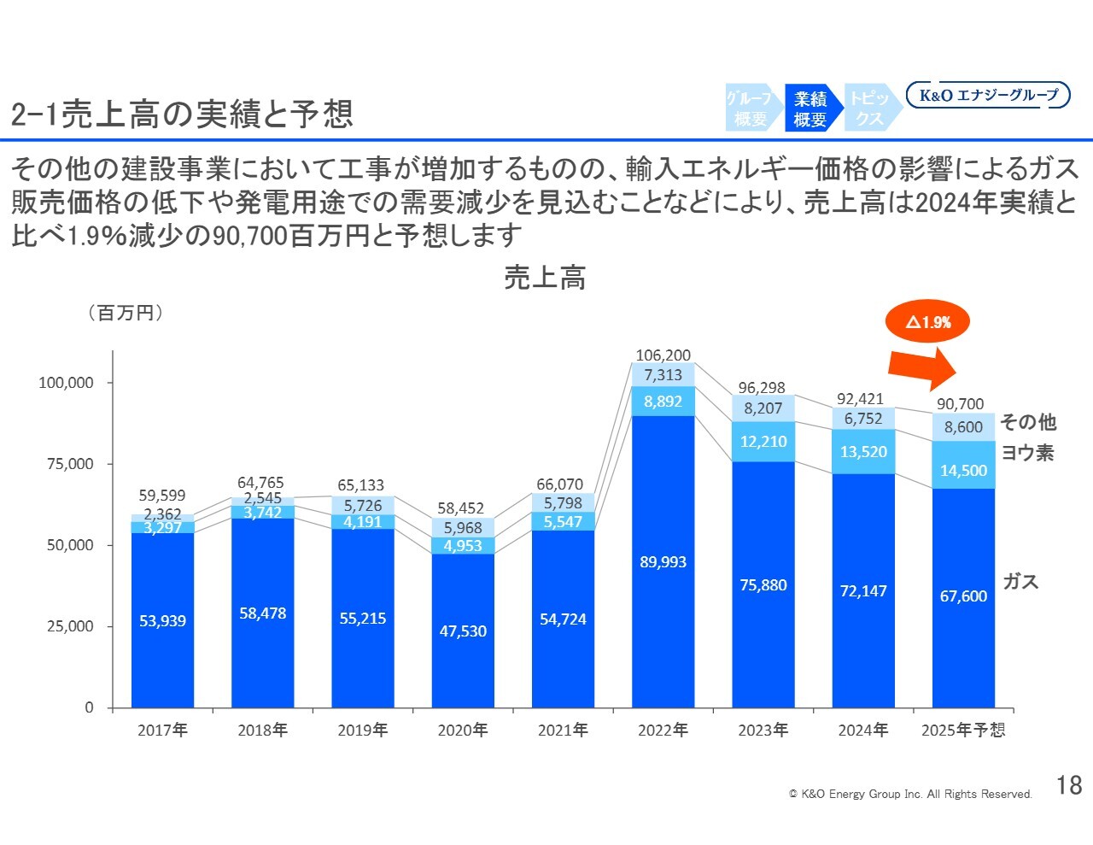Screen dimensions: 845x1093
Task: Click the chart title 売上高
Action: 545,278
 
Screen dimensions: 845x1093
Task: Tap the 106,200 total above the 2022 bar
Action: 663,355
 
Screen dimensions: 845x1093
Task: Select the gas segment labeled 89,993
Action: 663,562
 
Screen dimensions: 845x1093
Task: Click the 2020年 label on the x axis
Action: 462,731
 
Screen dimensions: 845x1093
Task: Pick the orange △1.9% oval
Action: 928,322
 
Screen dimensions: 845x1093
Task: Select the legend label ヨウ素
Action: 1027,453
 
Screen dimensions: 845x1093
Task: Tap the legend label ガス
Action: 1020,582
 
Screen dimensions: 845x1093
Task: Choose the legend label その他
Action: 1028,422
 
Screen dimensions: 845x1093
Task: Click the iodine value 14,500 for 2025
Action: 963,471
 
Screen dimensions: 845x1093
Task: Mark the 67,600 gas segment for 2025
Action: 963,596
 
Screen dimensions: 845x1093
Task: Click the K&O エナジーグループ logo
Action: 988,96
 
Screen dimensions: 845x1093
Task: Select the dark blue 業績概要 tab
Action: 810,109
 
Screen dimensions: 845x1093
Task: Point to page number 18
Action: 1069,785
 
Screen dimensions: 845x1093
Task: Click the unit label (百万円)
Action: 126,313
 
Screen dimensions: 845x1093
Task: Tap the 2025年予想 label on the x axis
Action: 963,731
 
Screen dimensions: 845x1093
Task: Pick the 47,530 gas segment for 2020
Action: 463,631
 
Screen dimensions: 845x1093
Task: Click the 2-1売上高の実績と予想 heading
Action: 182,114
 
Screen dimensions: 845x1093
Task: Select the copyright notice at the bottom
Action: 910,795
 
